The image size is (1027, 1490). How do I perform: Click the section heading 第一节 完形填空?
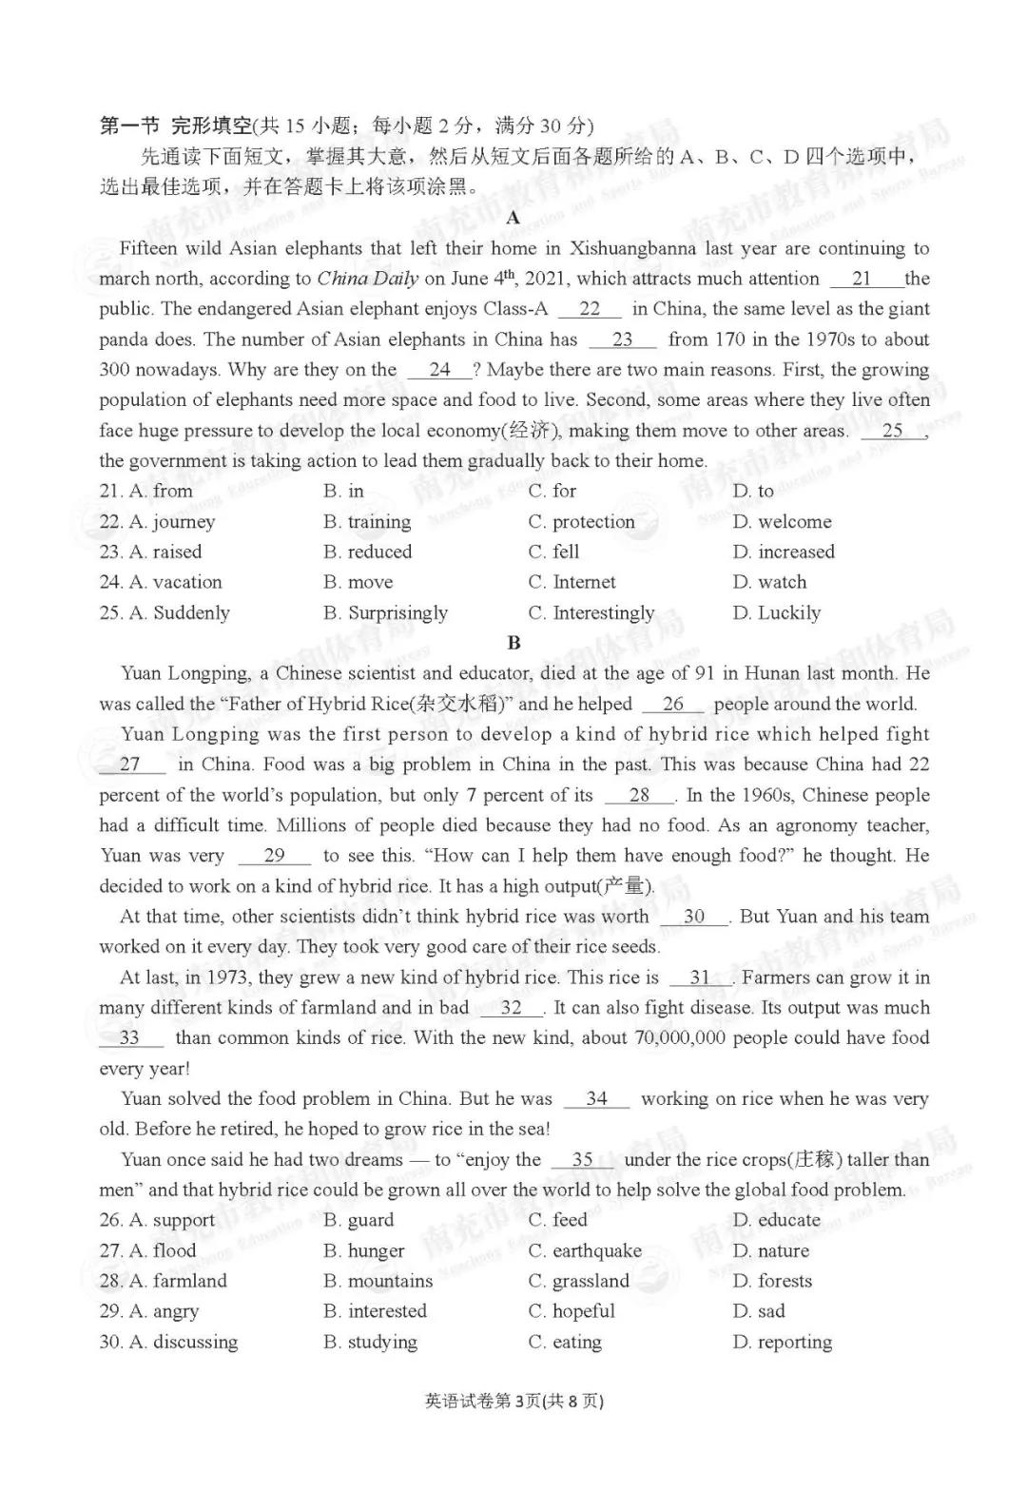tap(176, 126)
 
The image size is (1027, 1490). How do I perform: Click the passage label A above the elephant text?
tap(513, 218)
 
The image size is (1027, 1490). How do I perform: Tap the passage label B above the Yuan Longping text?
tap(513, 643)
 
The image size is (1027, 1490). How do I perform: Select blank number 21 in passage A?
tap(862, 279)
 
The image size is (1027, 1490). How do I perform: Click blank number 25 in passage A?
tap(892, 431)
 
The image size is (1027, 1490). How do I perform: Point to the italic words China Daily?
tap(368, 279)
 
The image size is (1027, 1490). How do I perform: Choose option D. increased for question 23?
tap(784, 551)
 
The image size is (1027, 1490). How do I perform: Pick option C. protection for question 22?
tap(581, 521)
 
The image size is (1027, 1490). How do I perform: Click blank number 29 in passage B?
tap(274, 856)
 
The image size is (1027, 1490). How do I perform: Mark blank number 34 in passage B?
tap(596, 1099)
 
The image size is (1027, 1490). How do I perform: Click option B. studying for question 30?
tap(370, 1342)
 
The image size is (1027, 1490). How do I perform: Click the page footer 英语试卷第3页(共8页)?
tap(513, 1401)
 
